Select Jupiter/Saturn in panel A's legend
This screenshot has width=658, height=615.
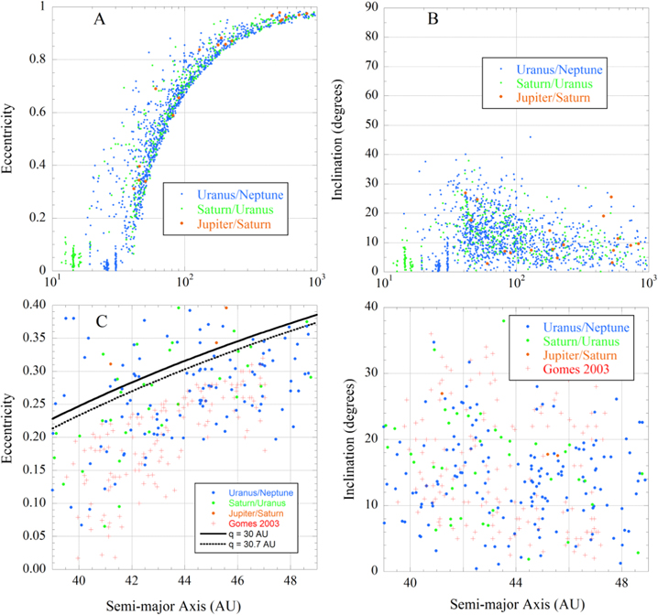tap(243, 225)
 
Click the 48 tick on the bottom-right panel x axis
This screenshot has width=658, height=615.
tap(621, 581)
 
